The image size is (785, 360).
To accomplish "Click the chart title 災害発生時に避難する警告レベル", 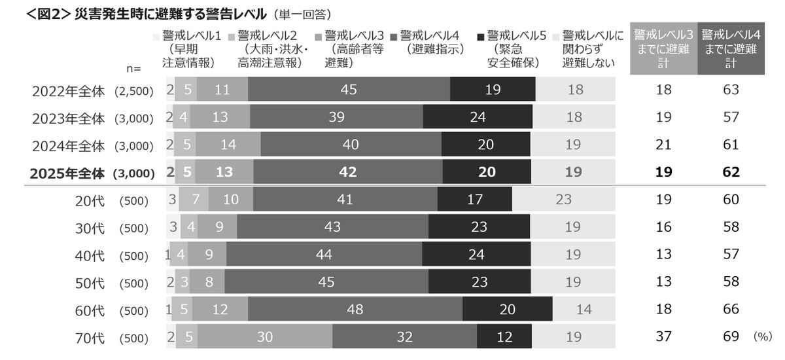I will tap(171, 13).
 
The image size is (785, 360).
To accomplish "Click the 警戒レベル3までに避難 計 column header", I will tap(663, 50).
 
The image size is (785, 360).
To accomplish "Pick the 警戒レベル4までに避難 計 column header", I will tap(731, 50).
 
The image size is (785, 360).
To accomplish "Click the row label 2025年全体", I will tap(67, 173).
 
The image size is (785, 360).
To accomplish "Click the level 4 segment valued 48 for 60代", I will tap(355, 310).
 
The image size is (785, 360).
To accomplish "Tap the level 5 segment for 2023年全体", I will tap(476, 118).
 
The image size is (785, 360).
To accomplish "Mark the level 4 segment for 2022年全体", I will tap(349, 90).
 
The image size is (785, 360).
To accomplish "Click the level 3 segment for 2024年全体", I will tap(228, 145).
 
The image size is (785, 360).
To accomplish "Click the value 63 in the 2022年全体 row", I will tap(731, 90).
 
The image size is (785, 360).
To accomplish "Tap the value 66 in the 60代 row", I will tap(731, 310).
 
